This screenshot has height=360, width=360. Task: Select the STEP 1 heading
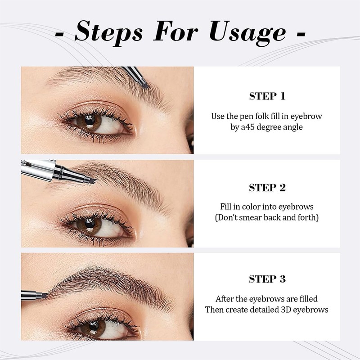tap(267, 96)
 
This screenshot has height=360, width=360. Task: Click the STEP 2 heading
tap(267, 188)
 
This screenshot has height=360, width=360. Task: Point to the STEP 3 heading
tap(267, 279)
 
